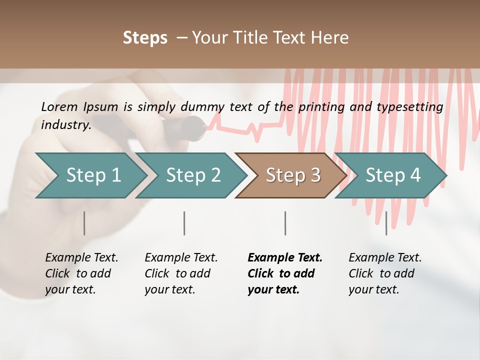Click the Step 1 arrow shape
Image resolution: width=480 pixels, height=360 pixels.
pos(93,175)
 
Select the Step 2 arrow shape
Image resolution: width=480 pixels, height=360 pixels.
pos(193,175)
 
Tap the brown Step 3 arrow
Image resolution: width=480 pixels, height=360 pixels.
pos(293,175)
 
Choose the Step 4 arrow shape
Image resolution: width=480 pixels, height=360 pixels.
pos(393,175)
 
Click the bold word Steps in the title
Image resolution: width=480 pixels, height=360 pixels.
pos(145,38)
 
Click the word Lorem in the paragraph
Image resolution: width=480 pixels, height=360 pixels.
pos(59,106)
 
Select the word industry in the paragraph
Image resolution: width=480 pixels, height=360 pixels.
pos(65,124)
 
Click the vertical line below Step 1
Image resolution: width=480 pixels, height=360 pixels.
pos(84,223)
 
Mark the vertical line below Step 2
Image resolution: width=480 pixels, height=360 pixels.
pos(184,223)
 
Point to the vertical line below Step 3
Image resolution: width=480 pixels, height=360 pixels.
pos(285,223)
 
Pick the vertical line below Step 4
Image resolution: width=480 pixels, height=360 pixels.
pos(386,223)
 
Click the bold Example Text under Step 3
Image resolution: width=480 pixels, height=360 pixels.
pos(285,258)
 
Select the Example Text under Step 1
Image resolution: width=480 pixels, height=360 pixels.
pos(81,258)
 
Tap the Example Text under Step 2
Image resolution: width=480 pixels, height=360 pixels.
pos(181,258)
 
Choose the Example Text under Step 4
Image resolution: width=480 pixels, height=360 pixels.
pos(385,258)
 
